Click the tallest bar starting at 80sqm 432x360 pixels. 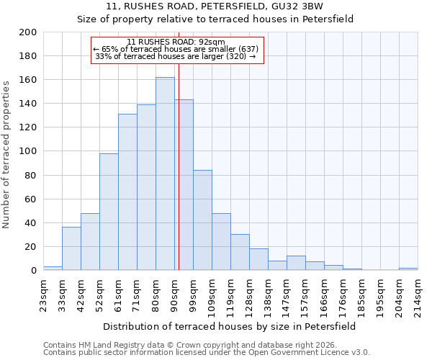(165, 174)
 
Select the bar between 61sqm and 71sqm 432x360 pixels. (127, 192)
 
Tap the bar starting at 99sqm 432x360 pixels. (202, 220)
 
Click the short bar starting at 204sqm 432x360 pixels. (408, 269)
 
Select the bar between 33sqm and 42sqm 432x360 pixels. (71, 248)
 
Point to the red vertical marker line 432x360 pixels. (179, 180)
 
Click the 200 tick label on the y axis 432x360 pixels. (27, 32)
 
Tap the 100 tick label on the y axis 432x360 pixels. (27, 151)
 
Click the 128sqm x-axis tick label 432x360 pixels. (249, 293)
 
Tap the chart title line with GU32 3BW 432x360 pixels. (215, 6)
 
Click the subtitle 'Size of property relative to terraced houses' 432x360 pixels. (215, 19)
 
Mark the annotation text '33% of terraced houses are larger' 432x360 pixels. (176, 56)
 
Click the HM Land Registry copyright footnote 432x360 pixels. (206, 345)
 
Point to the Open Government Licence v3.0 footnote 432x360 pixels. (206, 353)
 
